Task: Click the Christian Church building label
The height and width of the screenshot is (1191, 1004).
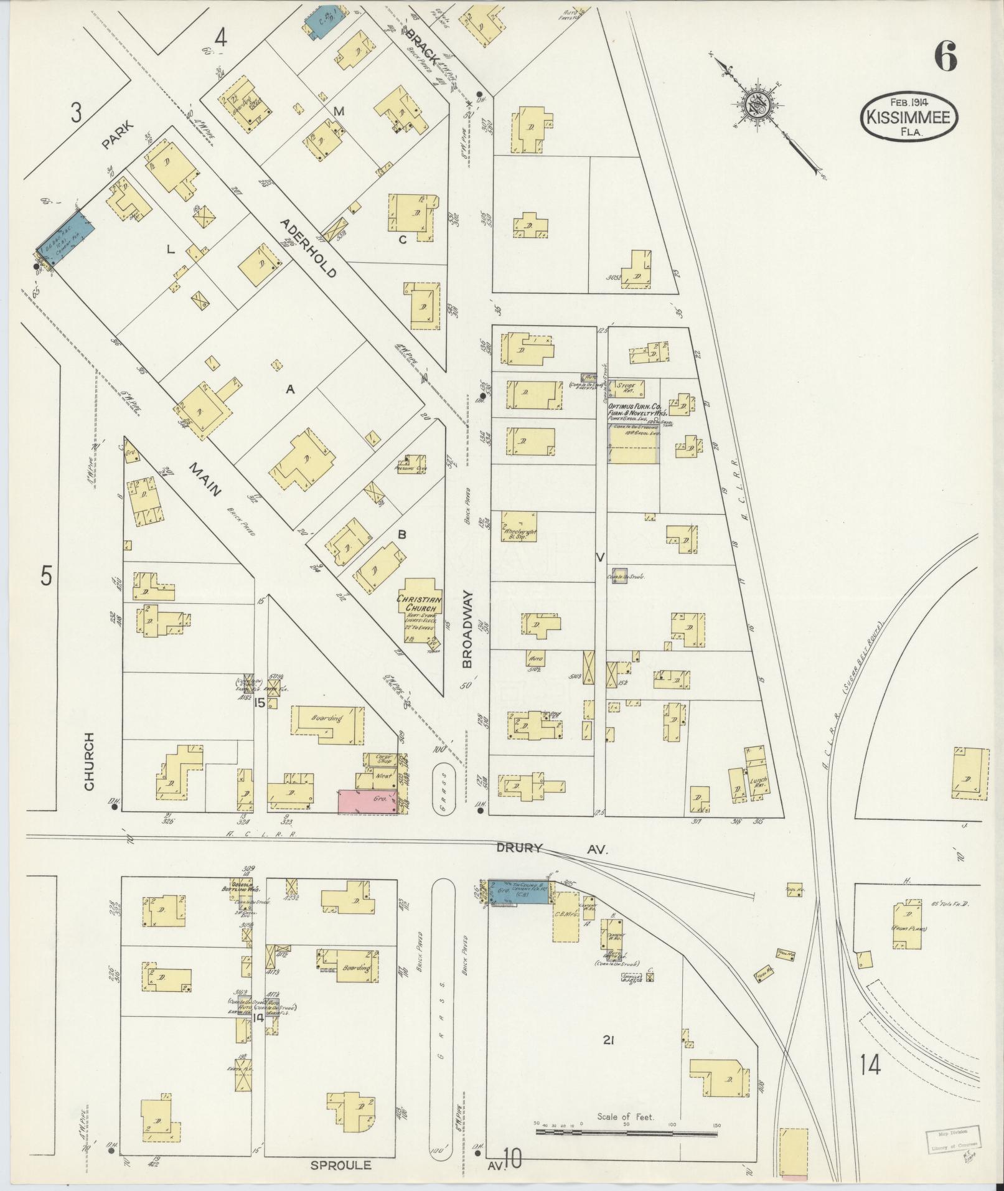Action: (x=420, y=603)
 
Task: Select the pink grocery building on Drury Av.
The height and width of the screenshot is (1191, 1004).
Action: (x=368, y=801)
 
